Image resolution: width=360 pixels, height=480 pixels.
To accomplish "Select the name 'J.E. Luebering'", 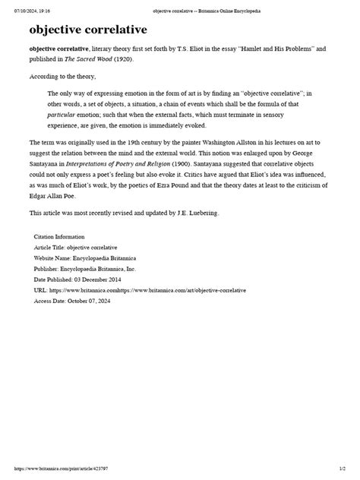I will tap(196, 213).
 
